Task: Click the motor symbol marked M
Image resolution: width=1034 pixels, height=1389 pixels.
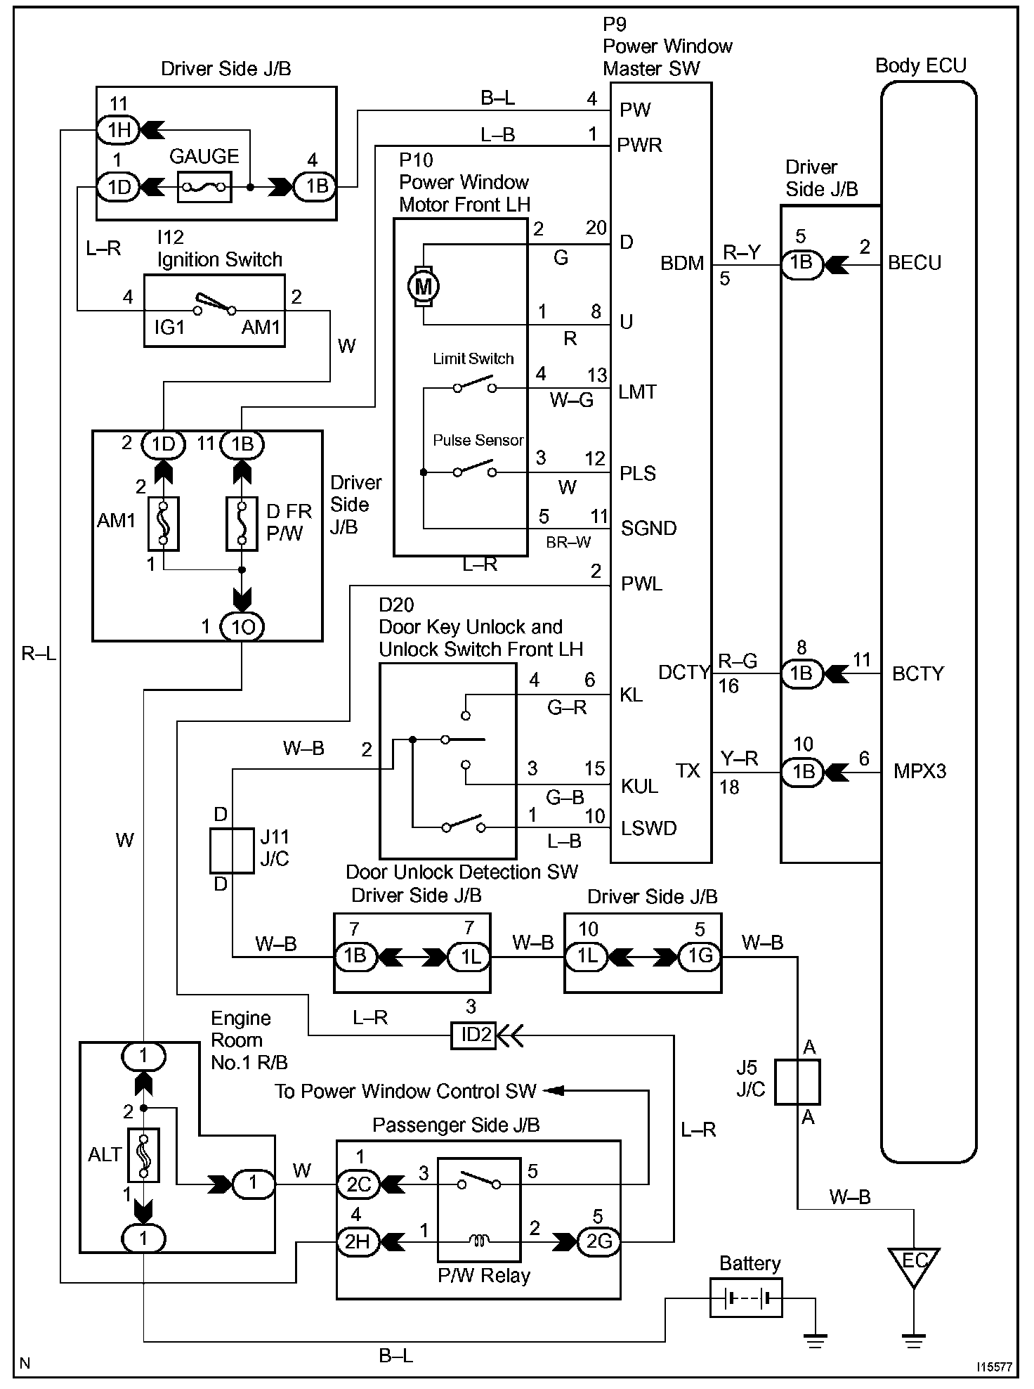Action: pos(424,286)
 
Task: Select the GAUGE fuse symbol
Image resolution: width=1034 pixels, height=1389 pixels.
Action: pos(204,187)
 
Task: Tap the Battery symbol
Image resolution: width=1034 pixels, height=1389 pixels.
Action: pos(745,1298)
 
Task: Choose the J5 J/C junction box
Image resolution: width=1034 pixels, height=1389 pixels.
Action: pos(798,1082)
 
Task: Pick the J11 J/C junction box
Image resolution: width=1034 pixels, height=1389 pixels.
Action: pos(232,851)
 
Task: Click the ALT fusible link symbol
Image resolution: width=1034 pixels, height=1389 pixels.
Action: pos(143,1155)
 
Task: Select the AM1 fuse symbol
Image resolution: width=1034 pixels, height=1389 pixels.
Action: pos(163,523)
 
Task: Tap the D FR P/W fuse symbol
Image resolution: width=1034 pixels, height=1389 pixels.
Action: pos(242,523)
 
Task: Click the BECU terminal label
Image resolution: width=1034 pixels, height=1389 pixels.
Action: pos(915,263)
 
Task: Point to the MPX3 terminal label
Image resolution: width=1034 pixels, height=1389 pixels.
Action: pos(920,771)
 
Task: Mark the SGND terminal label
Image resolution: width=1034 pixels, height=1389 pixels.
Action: pos(648,528)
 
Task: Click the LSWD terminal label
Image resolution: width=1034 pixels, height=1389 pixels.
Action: pos(648,828)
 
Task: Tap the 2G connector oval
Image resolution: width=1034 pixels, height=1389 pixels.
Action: pos(598,1242)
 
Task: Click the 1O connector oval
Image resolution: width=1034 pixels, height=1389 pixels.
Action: pos(242,626)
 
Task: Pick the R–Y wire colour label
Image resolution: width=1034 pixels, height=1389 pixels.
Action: pos(742,252)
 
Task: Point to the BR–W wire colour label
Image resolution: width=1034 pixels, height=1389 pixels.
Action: pos(568,542)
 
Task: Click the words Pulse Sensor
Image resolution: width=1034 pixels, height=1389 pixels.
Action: pos(478,440)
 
